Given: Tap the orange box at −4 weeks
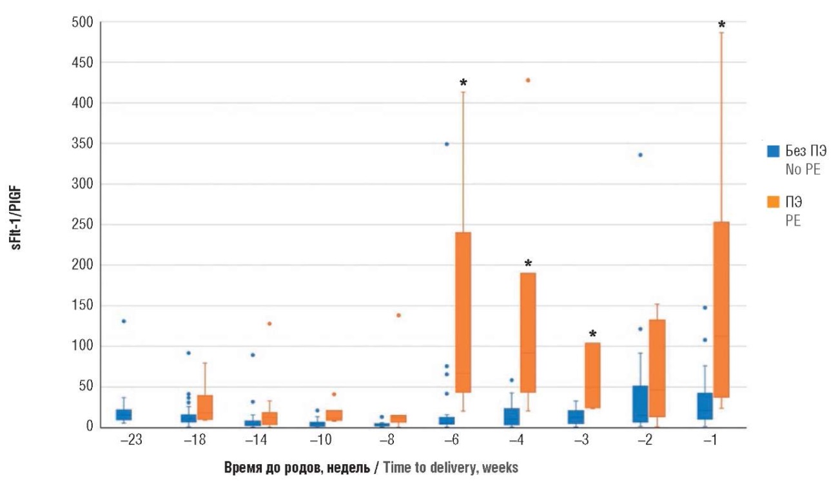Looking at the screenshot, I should (528, 333).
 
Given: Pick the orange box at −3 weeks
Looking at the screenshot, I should (592, 375).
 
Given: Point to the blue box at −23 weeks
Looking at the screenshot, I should (124, 414).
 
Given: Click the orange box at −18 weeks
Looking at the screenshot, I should (205, 407).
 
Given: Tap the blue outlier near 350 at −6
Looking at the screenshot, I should (446, 144).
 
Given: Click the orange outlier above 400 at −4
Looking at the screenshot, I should (528, 80).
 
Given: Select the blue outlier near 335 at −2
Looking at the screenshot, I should (640, 155).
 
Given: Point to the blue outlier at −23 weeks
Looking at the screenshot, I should (124, 321).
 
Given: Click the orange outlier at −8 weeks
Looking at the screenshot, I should (398, 315).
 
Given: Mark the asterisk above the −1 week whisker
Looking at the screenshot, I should (721, 25).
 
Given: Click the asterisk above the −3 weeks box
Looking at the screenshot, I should (592, 334).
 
